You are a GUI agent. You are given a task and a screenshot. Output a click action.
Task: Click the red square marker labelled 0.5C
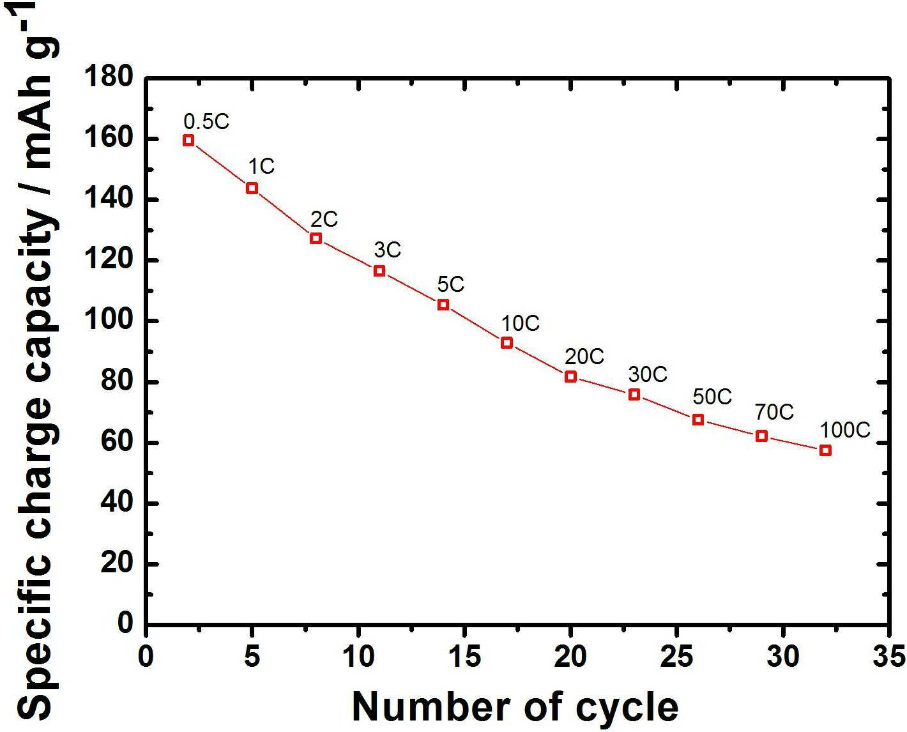click(x=188, y=141)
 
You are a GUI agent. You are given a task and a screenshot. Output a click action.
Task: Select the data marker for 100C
click(x=825, y=450)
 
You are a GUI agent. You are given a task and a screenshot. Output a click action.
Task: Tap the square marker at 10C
click(x=507, y=343)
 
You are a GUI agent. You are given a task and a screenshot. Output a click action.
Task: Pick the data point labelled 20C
click(x=570, y=376)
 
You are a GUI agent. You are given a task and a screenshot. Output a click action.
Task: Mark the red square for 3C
click(x=379, y=271)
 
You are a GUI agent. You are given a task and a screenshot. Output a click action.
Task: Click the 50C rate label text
click(x=712, y=397)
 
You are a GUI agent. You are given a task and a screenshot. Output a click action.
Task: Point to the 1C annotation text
click(x=261, y=166)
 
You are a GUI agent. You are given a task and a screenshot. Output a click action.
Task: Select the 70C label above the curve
click(x=775, y=412)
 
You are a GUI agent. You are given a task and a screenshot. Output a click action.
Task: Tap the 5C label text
click(x=450, y=284)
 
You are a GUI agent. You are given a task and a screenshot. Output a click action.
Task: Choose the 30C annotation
click(x=648, y=374)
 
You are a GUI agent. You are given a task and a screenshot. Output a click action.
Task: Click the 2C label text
click(x=324, y=219)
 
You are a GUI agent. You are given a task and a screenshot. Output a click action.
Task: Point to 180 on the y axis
click(x=109, y=78)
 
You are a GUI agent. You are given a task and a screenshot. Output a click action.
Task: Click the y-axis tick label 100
click(x=109, y=321)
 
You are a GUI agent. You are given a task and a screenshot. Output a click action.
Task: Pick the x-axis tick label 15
click(x=464, y=656)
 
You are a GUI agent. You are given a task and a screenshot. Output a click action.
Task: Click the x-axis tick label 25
click(x=676, y=656)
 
